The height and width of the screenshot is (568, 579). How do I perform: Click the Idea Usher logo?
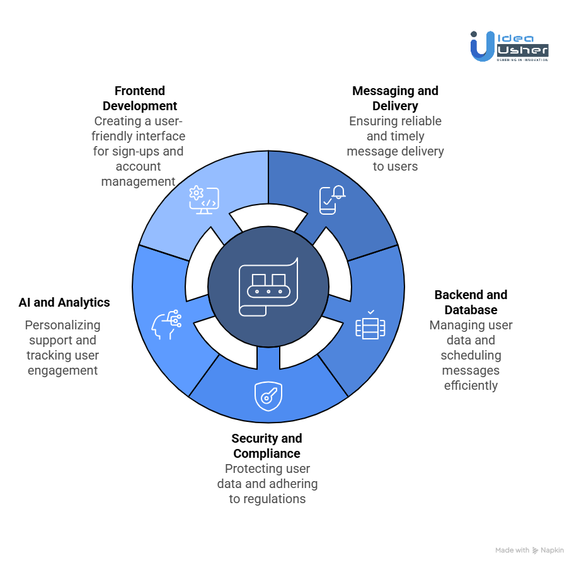(x=509, y=46)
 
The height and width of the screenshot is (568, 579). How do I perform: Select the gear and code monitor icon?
(x=204, y=200)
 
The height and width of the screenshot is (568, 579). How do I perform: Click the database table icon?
(x=370, y=326)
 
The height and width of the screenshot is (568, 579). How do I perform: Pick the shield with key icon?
(x=268, y=396)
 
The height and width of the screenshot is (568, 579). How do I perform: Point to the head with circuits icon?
(x=166, y=325)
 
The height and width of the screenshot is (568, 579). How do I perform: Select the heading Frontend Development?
(x=140, y=98)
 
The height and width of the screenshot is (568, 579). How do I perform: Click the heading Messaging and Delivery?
(x=395, y=98)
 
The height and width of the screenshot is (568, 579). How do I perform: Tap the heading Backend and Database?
(x=471, y=302)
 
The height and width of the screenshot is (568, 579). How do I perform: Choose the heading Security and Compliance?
(x=267, y=446)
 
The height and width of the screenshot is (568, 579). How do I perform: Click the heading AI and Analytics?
(x=64, y=302)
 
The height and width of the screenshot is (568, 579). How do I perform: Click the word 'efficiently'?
(x=471, y=385)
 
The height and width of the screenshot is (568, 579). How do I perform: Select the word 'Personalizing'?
(x=62, y=325)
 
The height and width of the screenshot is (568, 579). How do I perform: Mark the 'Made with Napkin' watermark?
(x=529, y=550)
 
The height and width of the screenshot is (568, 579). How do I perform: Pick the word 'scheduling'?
(x=471, y=355)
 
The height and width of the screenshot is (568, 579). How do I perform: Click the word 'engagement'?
(x=62, y=370)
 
